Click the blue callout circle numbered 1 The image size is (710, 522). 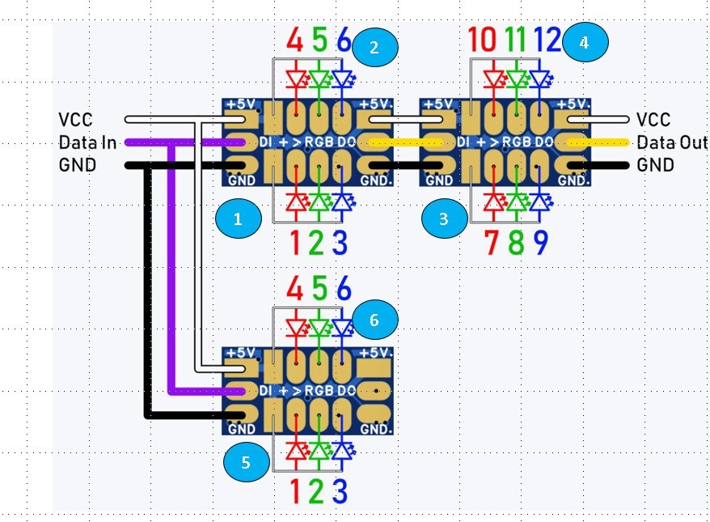click(x=237, y=219)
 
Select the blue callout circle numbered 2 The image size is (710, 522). click(x=374, y=48)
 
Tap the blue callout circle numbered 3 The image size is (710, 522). click(x=444, y=219)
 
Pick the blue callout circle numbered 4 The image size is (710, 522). click(x=583, y=43)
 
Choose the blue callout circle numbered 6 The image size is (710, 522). click(x=374, y=320)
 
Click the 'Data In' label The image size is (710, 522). click(x=87, y=143)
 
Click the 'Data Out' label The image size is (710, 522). click(x=672, y=143)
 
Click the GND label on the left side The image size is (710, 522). click(x=78, y=166)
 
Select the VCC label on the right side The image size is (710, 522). click(x=653, y=120)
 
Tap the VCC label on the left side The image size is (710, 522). click(x=76, y=121)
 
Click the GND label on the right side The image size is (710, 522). click(x=655, y=166)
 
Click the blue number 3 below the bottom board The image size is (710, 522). click(x=340, y=491)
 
